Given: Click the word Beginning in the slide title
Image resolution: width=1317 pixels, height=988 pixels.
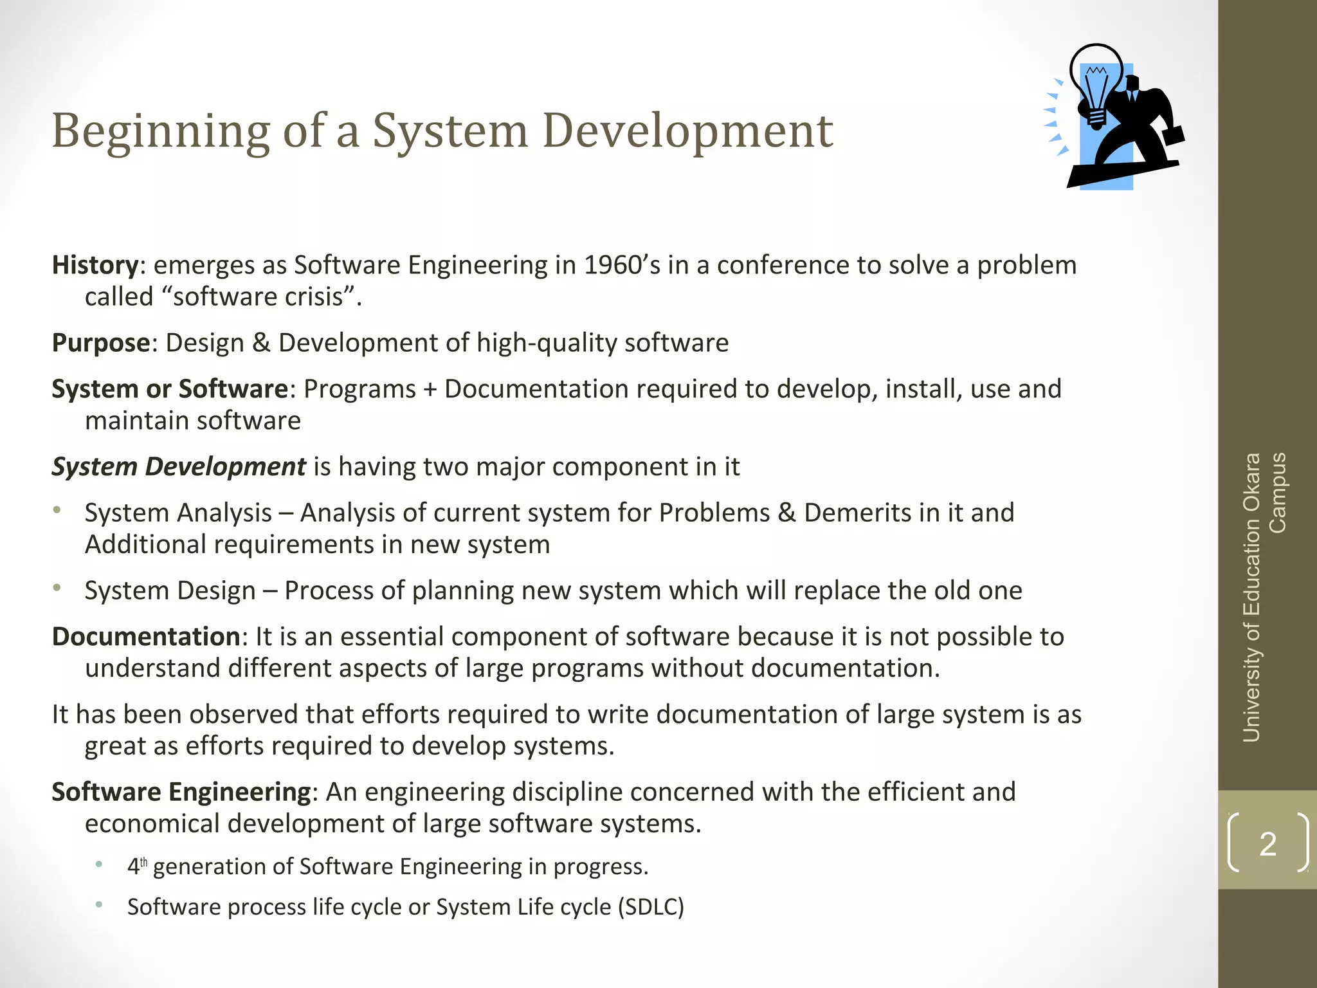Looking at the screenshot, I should (x=160, y=132).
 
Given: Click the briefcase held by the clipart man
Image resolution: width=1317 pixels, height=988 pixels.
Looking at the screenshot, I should (x=1174, y=135).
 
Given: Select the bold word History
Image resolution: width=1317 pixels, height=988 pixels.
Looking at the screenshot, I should (x=95, y=265).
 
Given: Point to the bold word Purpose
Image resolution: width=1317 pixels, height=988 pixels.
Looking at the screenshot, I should (x=101, y=343).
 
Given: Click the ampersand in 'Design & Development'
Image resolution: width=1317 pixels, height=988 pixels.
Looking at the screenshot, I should (x=261, y=343).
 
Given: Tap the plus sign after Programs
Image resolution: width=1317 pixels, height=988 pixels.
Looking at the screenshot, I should (x=430, y=389).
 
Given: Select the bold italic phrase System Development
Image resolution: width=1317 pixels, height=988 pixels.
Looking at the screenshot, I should (x=179, y=467).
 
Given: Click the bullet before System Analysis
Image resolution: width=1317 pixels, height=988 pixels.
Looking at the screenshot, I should (x=57, y=510).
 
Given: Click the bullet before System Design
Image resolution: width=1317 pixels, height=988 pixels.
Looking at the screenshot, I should (x=57, y=587).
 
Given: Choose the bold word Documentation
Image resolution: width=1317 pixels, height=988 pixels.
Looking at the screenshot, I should (x=146, y=637).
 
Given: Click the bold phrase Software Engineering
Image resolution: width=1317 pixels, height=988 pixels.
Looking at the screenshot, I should (x=181, y=792).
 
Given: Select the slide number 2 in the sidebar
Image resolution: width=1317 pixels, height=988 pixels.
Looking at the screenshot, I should (x=1267, y=843).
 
